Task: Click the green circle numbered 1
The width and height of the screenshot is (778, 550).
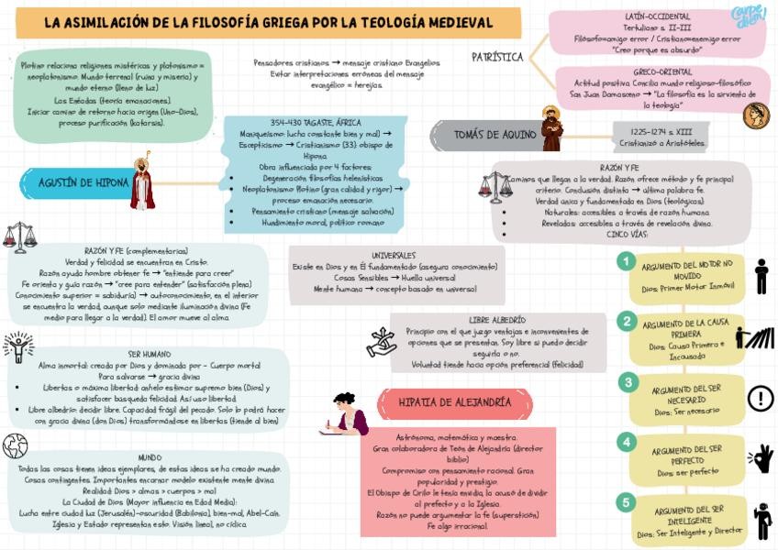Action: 626,261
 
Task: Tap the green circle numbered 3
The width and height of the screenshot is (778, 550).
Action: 627,382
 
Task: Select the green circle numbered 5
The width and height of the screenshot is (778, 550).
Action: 627,501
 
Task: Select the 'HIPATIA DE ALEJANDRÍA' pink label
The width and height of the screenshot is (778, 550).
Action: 454,401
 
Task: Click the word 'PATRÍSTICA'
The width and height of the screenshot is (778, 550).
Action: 497,57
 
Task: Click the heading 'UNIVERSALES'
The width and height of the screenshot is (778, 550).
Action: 395,255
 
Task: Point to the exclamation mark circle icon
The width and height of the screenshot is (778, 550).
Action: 761,398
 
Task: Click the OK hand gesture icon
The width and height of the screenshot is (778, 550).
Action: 761,457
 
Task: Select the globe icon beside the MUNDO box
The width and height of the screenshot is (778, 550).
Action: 15,446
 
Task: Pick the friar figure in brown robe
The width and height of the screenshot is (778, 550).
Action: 551,129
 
